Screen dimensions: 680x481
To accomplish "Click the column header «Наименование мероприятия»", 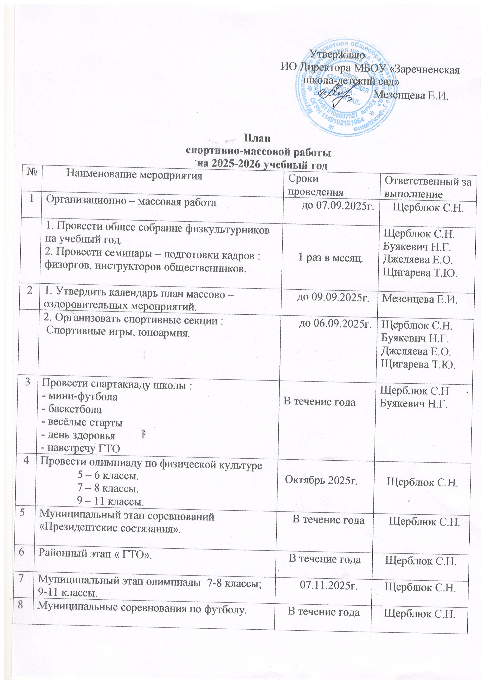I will [x=134, y=175].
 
